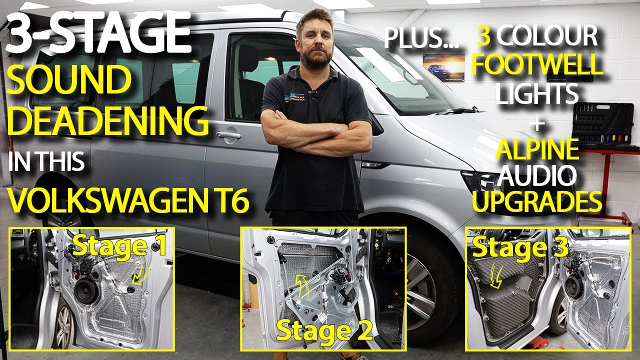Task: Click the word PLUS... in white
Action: (x=421, y=38)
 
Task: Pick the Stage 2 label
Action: (x=324, y=330)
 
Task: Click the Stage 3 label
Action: (x=520, y=248)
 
